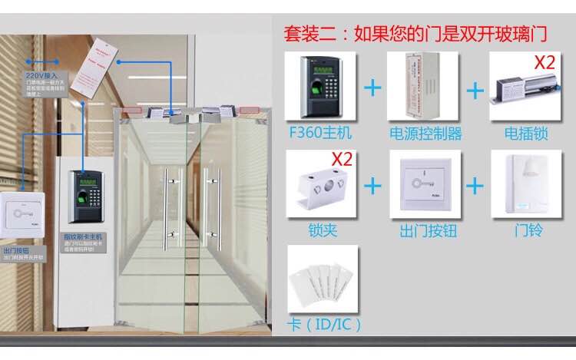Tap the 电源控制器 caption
coord(425,134)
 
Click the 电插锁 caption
coord(526,134)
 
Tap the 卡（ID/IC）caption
coord(323,324)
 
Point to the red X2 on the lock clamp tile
coord(342,160)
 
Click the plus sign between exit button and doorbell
coord(476,185)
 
